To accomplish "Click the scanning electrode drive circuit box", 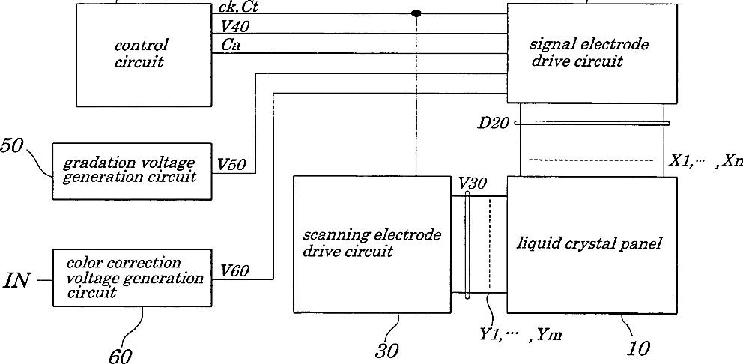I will coord(372,243).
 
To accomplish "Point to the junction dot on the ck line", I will coord(416,13).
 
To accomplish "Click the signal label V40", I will coord(237,27).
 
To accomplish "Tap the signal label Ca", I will coord(231,46).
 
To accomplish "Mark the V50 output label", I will coord(233,163).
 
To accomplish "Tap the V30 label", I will coord(473,183).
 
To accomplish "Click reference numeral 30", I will coord(388,349).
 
